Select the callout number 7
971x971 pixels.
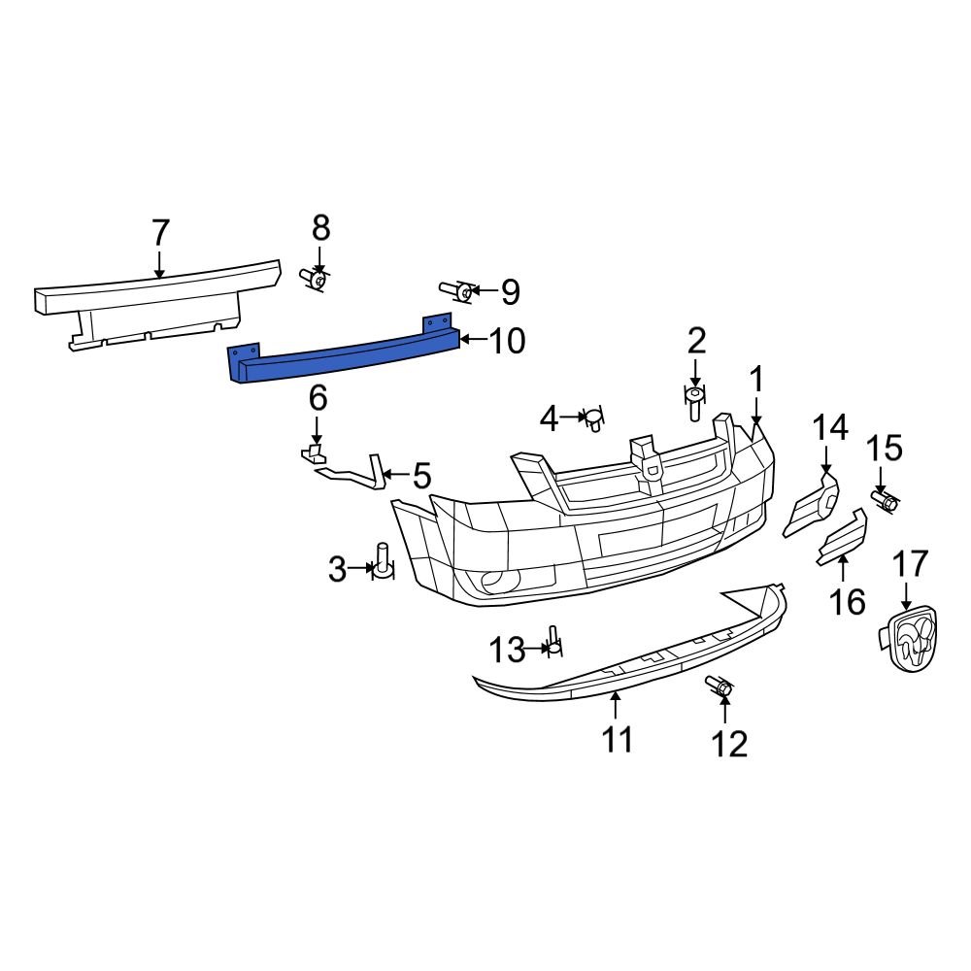(161, 234)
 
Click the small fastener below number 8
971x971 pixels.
(314, 280)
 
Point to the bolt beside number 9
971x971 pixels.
(457, 290)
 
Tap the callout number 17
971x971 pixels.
(911, 564)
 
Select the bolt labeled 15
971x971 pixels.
(885, 500)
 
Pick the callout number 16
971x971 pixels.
(848, 601)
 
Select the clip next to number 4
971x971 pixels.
(592, 419)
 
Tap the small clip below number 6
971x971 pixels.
(314, 452)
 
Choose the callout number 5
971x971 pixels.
(421, 476)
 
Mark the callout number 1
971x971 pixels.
(755, 379)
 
